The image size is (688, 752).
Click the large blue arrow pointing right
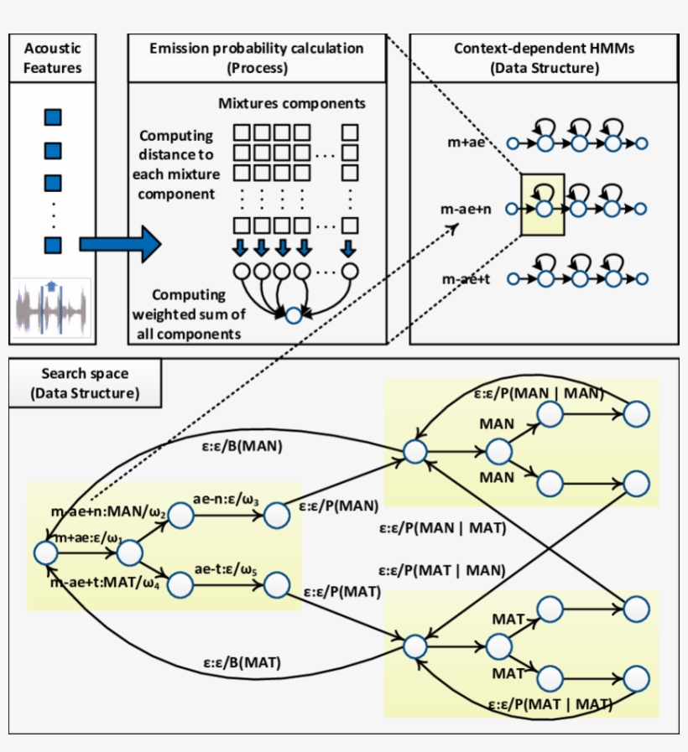[118, 245]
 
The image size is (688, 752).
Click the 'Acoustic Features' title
[53, 58]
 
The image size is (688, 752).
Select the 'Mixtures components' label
[291, 104]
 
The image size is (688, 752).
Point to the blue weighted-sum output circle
[293, 317]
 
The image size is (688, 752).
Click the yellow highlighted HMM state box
[542, 205]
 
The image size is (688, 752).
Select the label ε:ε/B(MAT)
[241, 662]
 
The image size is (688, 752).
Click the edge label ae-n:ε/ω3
[227, 500]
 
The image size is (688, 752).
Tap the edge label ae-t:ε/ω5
[226, 569]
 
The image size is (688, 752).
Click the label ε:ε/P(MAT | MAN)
[441, 569]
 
